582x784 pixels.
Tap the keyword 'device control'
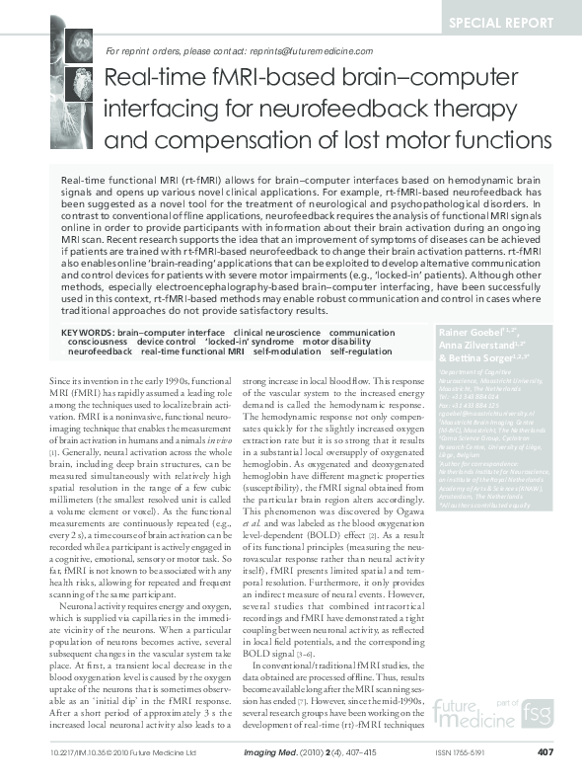tap(169, 343)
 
